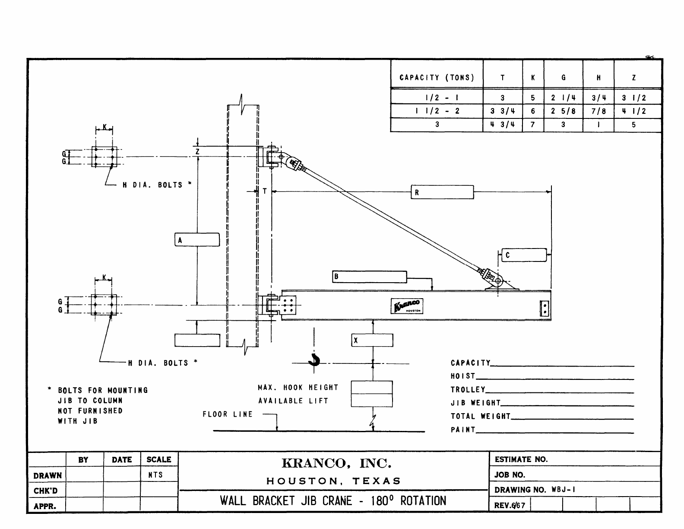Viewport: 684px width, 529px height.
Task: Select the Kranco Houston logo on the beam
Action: [407, 306]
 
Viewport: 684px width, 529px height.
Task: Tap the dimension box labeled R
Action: [442, 192]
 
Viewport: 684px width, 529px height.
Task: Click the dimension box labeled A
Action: [197, 240]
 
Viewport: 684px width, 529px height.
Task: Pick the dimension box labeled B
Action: [369, 277]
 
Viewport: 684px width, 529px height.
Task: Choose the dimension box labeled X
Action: [372, 340]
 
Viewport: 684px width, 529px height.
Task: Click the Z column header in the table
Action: [633, 78]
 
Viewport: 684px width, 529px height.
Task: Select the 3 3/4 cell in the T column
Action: [503, 111]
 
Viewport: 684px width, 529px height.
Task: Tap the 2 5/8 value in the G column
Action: [563, 111]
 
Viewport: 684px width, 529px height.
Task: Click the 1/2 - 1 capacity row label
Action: [437, 98]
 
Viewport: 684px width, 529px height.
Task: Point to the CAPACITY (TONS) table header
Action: [437, 78]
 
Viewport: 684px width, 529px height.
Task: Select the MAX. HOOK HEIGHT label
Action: [298, 388]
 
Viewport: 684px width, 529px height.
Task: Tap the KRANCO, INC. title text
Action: [336, 464]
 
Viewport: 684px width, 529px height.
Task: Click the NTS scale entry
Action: [155, 475]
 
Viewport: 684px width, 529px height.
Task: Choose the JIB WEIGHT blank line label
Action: [475, 403]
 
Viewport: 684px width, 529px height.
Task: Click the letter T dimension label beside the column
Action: [265, 191]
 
